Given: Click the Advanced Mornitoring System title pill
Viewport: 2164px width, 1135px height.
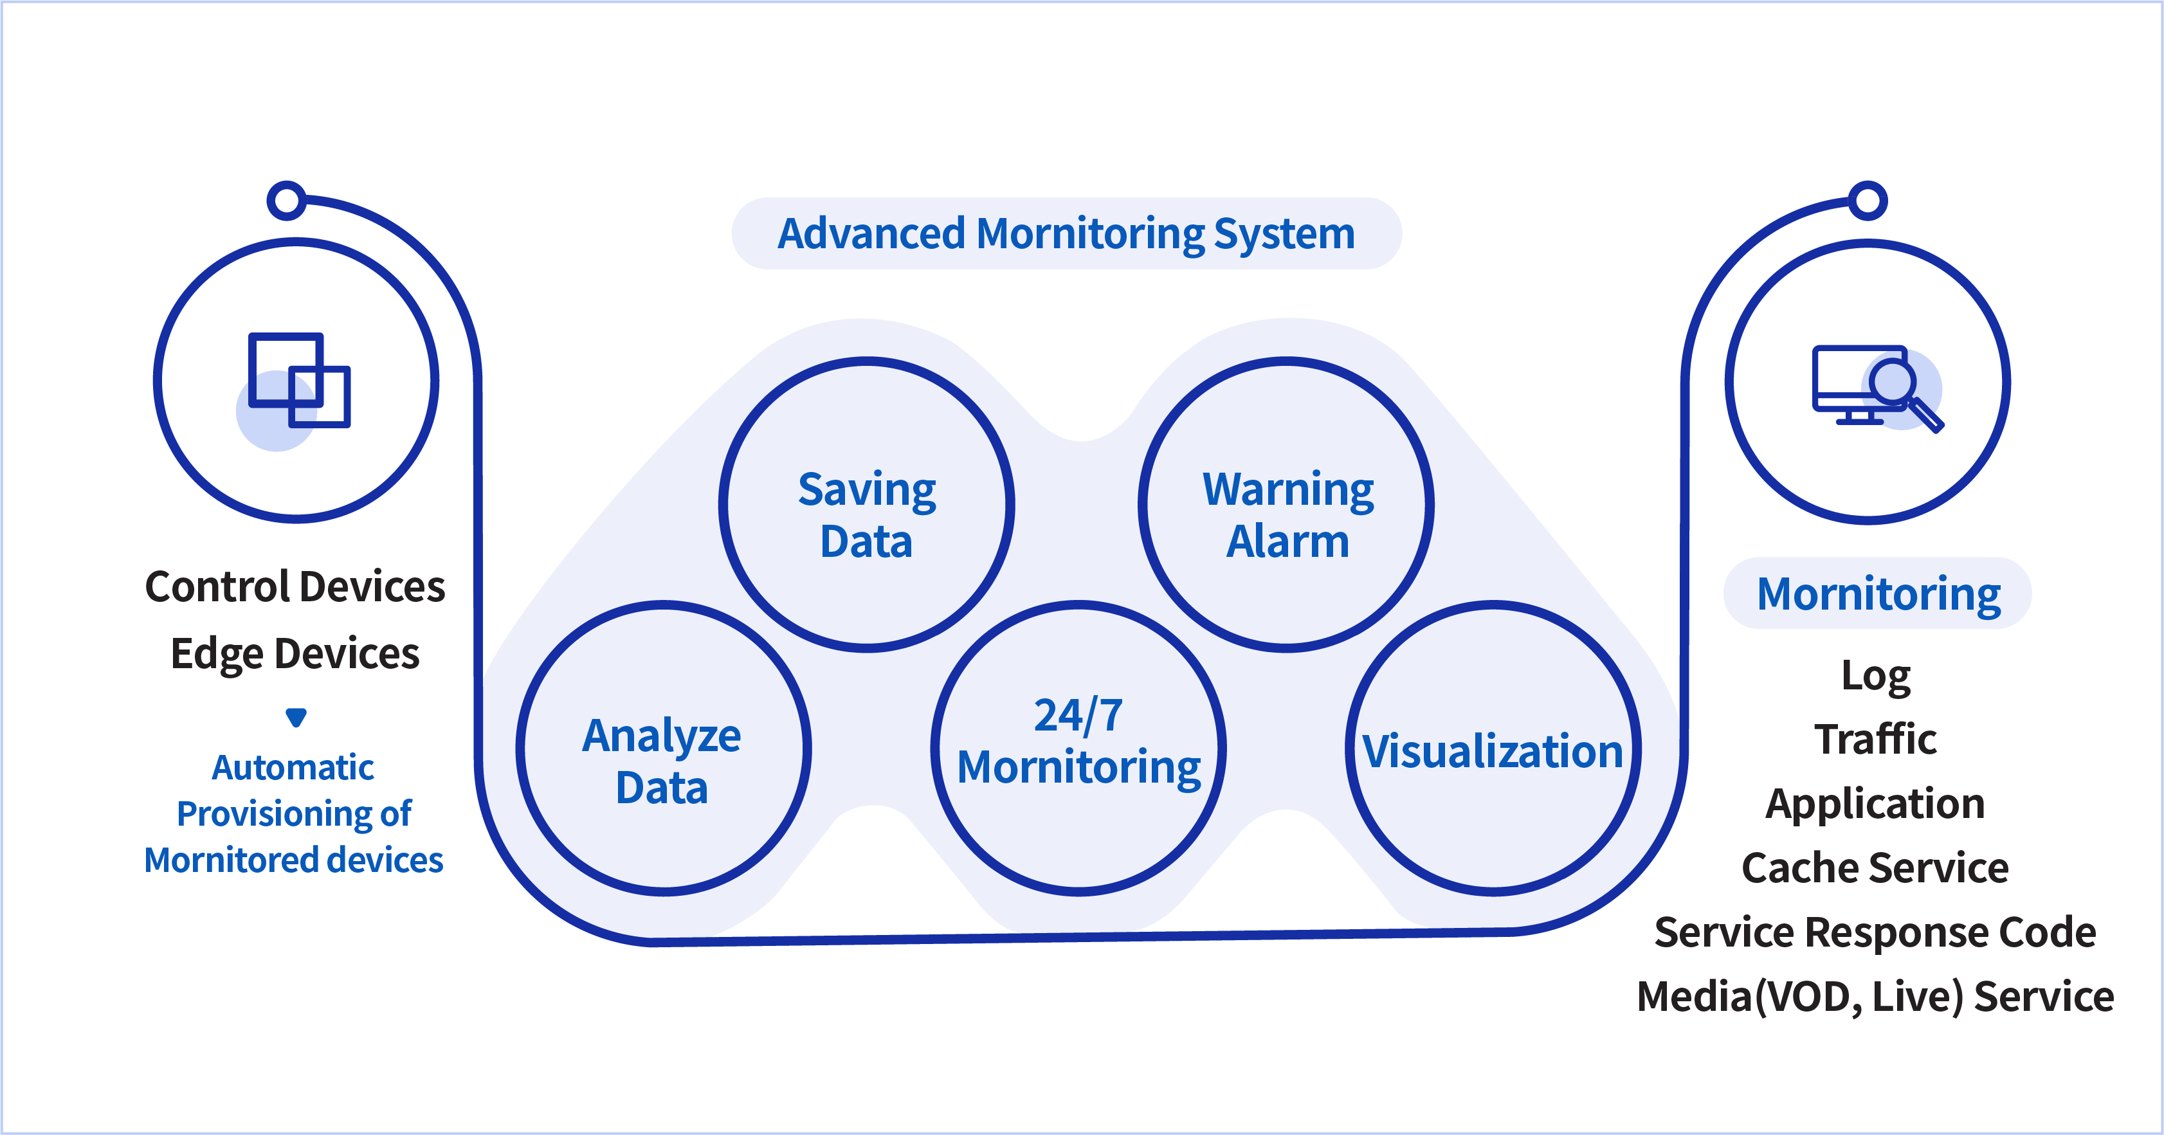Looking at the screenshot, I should pos(1066,233).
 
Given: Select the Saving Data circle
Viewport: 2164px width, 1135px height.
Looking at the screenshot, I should pos(867,505).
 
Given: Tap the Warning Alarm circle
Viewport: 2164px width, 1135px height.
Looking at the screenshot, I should pos(1286,505).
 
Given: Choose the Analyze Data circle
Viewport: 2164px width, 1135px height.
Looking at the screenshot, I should pos(663,749).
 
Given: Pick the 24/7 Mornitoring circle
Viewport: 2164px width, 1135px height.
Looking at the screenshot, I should pos(1078,749).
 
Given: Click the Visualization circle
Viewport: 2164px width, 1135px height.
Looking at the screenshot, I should pos(1493,749).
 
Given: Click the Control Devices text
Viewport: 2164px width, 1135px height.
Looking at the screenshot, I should pos(295,586).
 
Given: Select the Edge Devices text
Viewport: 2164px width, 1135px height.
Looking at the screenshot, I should pos(295,653).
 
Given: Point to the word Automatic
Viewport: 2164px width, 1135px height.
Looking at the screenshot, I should pos(293,767).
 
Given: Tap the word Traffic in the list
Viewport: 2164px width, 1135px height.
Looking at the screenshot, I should pos(1875,740).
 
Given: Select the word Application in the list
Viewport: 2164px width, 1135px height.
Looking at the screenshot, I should pos(1875,804).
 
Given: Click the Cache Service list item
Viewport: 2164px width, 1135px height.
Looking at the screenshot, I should pos(1875,868).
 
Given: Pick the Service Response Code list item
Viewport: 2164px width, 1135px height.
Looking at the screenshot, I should pos(1875,932).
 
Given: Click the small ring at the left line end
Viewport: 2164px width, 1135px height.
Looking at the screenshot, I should pos(286,201).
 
